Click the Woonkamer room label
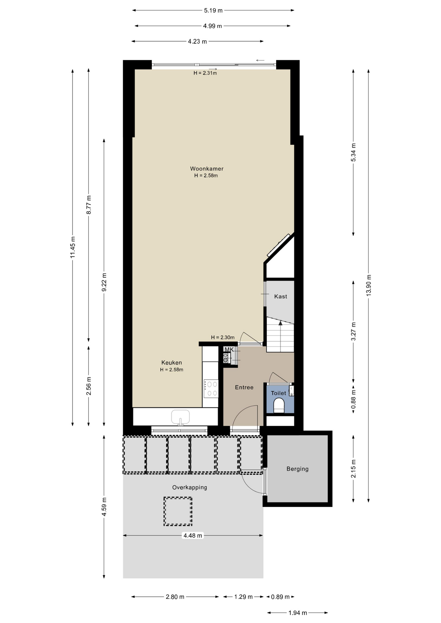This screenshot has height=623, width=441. (207, 169)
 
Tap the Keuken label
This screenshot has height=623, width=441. (171, 363)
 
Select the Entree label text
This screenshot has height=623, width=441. (244, 387)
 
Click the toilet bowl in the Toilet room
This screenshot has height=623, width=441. (279, 406)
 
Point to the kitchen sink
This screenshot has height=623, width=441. (180, 417)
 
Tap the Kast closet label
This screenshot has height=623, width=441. (281, 297)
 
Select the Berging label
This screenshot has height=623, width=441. (297, 469)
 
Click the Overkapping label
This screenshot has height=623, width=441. (190, 487)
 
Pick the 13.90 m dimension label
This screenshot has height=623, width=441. (368, 285)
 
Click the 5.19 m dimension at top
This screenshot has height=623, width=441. (213, 10)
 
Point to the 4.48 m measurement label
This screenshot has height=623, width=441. (193, 535)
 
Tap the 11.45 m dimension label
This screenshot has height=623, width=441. (73, 247)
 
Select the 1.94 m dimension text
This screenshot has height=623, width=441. (298, 613)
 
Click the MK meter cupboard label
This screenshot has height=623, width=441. (229, 349)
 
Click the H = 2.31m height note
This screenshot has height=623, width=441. (205, 73)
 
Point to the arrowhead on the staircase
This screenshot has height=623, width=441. (280, 323)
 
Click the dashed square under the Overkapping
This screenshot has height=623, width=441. (178, 512)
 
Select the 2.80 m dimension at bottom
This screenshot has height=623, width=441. (175, 597)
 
